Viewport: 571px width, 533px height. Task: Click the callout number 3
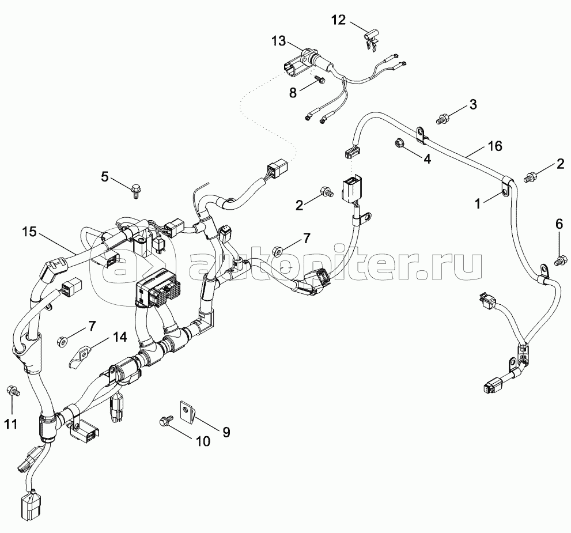tap(472, 104)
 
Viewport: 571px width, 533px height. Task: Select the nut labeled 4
tap(399, 143)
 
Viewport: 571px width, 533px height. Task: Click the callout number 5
tap(105, 176)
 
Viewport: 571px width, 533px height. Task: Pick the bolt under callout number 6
tap(559, 262)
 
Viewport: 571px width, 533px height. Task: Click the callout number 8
tap(293, 93)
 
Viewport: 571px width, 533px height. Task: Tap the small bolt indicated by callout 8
tap(319, 79)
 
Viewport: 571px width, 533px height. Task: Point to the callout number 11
tap(10, 424)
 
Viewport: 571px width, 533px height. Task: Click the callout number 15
tap(30, 232)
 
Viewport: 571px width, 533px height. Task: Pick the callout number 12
tap(339, 20)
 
